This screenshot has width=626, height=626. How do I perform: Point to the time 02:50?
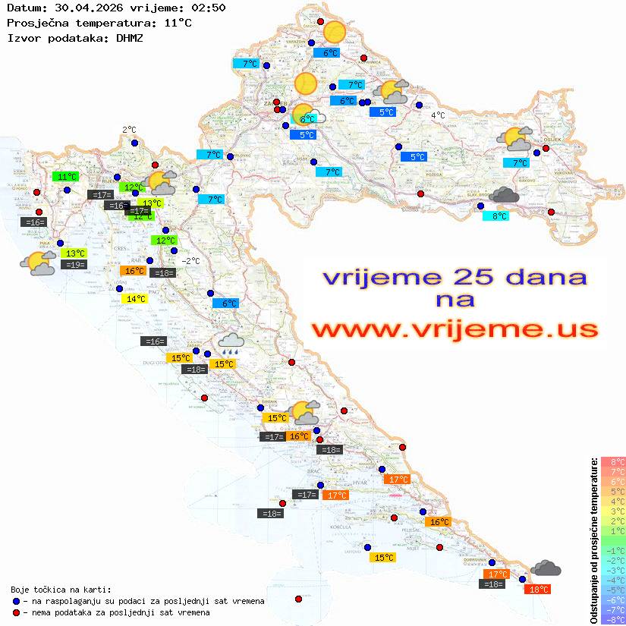click(x=207, y=8)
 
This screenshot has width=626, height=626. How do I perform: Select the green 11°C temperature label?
click(x=68, y=177)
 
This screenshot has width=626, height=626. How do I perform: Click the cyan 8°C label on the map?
click(x=496, y=215)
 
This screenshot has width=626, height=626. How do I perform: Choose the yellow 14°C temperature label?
click(x=134, y=299)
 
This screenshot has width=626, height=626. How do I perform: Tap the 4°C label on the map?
click(x=438, y=115)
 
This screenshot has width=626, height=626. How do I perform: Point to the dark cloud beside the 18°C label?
click(x=546, y=568)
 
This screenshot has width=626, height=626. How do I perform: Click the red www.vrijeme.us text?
click(x=454, y=329)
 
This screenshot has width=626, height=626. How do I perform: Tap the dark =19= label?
click(x=74, y=265)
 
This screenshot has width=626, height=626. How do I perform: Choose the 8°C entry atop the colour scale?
click(x=613, y=461)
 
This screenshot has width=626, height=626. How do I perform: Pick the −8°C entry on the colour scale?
click(x=613, y=619)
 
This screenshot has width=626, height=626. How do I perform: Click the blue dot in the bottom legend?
click(x=17, y=601)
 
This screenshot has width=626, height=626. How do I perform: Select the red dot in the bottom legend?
click(x=17, y=612)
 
